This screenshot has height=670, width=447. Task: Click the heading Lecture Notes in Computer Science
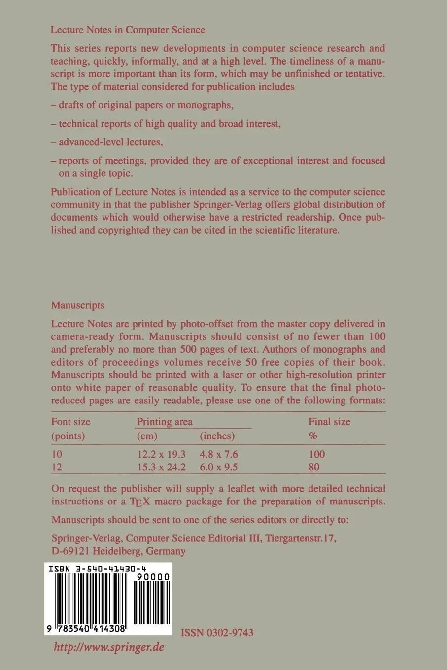[x=128, y=30]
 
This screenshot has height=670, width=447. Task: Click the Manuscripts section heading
[x=78, y=305]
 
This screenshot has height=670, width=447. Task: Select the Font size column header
[x=71, y=421]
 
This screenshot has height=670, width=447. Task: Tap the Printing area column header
[x=165, y=421]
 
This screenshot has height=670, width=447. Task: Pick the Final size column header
[x=329, y=421]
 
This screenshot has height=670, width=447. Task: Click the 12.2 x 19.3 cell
[x=161, y=454]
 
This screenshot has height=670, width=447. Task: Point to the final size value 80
[x=314, y=467]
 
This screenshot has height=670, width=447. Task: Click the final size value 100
[x=317, y=454]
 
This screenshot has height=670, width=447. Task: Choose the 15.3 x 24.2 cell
[x=161, y=467]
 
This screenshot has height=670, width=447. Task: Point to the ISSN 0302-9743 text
[x=217, y=632]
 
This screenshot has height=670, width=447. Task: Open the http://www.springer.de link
[x=108, y=647]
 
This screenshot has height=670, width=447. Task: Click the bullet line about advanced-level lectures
[x=107, y=142]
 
